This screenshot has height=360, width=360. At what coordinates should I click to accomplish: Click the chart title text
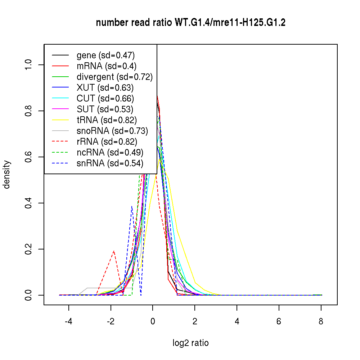(191, 23)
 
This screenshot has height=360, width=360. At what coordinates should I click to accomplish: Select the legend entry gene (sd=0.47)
(105, 55)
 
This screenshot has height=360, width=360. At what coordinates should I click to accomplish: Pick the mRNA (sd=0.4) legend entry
(106, 66)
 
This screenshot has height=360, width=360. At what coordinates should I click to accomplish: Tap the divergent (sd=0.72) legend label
(114, 77)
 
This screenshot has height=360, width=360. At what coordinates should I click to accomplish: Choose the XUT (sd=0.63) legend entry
(105, 88)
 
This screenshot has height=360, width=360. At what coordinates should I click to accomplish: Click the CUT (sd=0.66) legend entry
(105, 99)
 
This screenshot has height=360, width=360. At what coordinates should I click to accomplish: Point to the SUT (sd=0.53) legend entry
(105, 109)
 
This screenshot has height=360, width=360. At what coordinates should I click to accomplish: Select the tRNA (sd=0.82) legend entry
(107, 120)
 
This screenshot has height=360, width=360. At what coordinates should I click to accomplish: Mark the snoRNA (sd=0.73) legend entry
(112, 131)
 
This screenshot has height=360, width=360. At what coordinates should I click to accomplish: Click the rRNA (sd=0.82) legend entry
(107, 142)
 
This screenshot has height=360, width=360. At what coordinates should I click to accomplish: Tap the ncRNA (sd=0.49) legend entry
(110, 153)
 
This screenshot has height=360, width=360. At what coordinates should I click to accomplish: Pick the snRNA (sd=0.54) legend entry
(110, 163)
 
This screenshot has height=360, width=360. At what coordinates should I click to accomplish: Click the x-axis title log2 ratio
(190, 343)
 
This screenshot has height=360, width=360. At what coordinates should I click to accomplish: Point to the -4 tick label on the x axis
(68, 321)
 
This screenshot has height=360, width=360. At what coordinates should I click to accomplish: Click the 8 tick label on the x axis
(321, 321)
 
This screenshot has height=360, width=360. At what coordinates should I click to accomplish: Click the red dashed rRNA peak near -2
(114, 251)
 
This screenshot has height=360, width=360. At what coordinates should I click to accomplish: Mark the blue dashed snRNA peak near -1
(132, 206)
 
